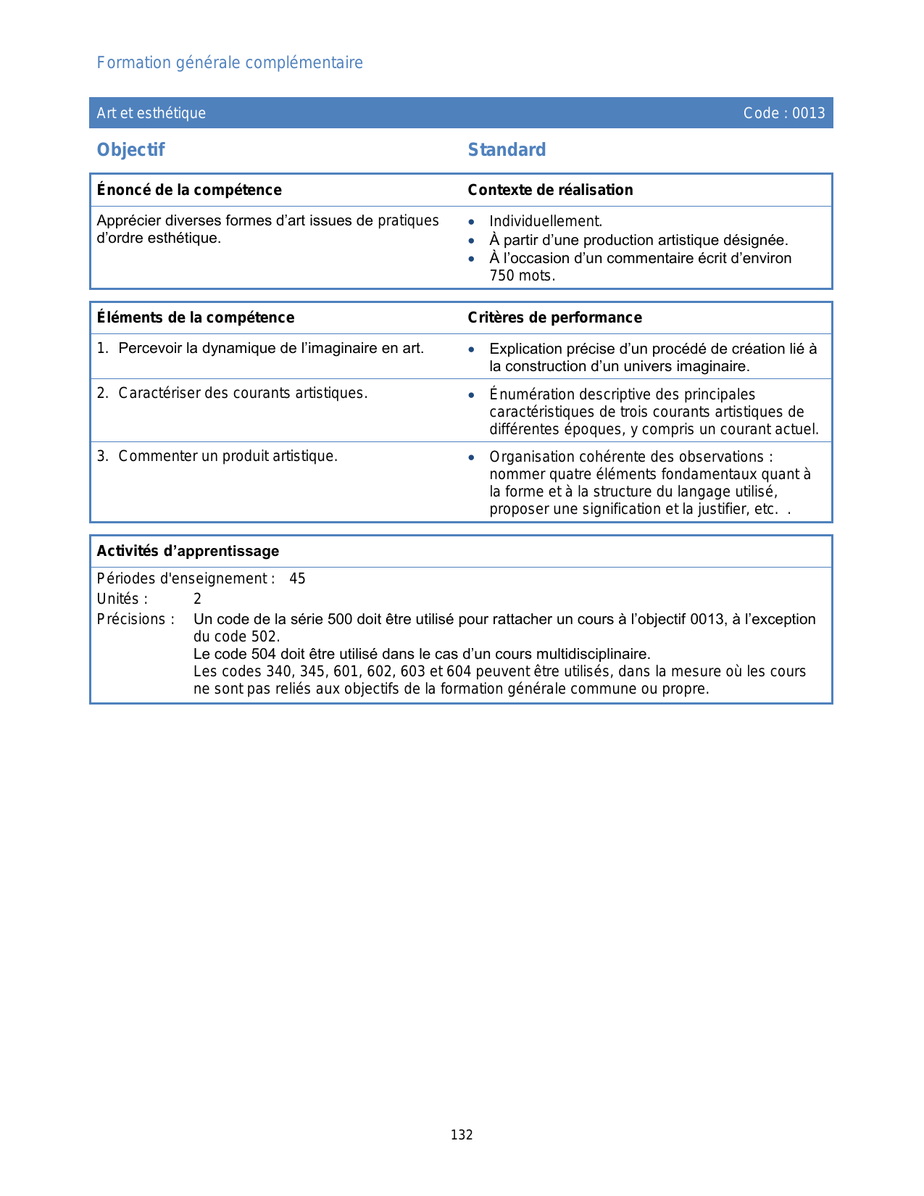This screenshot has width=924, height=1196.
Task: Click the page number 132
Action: click(462, 1135)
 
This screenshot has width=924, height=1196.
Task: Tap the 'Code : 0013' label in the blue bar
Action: click(784, 113)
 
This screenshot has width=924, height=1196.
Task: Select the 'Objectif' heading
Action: click(131, 150)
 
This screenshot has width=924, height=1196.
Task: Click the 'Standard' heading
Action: click(507, 150)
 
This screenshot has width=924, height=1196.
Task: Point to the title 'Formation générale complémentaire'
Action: click(230, 63)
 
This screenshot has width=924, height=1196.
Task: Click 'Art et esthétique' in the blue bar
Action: click(151, 113)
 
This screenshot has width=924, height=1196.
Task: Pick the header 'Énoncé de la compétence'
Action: click(189, 190)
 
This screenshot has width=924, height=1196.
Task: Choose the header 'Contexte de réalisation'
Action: click(550, 190)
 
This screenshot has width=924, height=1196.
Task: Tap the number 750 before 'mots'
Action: click(502, 275)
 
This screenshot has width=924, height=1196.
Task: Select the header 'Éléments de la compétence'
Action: click(196, 317)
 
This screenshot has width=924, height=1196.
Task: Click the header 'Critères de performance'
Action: click(554, 317)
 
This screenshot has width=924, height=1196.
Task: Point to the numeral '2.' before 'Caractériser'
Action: click(103, 393)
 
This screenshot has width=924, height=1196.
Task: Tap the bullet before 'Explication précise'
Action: click(472, 349)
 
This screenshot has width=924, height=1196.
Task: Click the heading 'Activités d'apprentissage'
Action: click(188, 551)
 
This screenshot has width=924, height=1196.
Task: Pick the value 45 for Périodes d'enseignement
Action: click(297, 578)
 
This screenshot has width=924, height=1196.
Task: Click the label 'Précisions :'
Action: click(136, 619)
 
